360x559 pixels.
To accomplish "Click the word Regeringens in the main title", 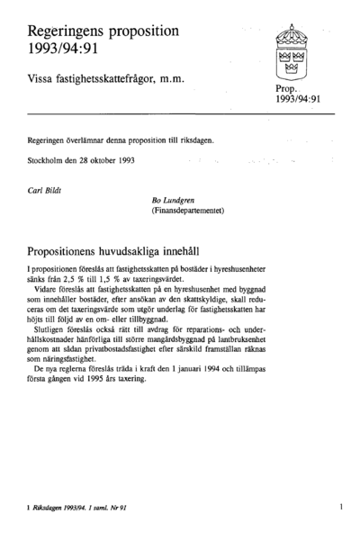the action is (67, 31).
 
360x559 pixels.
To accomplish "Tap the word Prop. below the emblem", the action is (288, 90).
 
